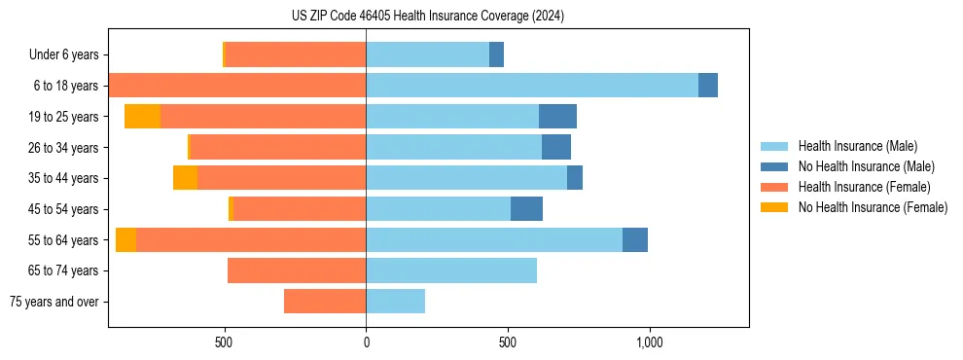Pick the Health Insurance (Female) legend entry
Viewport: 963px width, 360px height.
pyautogui.click(x=864, y=187)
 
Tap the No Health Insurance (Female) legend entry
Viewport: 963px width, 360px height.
pyautogui.click(x=873, y=207)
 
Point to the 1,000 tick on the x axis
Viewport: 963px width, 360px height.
pyautogui.click(x=649, y=342)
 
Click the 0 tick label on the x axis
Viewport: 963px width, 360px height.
pyautogui.click(x=366, y=342)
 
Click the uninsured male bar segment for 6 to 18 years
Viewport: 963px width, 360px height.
pyautogui.click(x=708, y=86)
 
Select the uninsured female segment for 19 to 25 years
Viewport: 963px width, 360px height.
pyautogui.click(x=142, y=117)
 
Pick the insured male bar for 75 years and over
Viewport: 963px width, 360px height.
pyautogui.click(x=395, y=302)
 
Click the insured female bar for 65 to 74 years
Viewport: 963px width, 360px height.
pyautogui.click(x=297, y=270)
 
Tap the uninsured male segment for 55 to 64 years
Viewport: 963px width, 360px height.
pyautogui.click(x=635, y=239)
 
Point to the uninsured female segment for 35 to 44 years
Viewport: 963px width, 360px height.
pyautogui.click(x=185, y=178)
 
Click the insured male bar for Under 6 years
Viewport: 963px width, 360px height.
pyautogui.click(x=427, y=54)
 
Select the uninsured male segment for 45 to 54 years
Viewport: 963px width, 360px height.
pyautogui.click(x=526, y=209)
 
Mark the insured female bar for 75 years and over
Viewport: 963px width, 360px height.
pyautogui.click(x=325, y=302)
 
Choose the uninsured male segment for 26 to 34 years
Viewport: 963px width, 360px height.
pyautogui.click(x=556, y=147)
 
